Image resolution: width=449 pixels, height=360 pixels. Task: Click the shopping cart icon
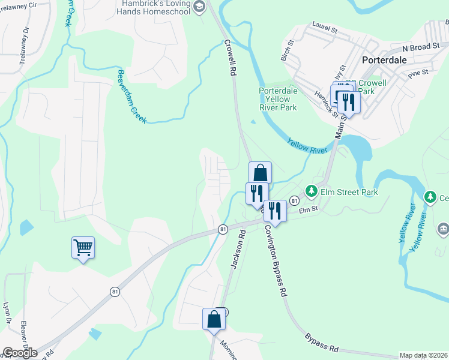[83, 247]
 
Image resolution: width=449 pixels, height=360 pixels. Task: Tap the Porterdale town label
[385, 61]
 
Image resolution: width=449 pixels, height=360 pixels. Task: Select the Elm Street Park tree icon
[311, 192]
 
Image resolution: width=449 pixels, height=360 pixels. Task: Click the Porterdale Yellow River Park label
[278, 99]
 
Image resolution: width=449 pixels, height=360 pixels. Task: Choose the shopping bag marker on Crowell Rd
[260, 173]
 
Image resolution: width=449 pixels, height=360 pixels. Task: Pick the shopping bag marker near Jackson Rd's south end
[214, 319]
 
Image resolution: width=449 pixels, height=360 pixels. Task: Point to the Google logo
[19, 353]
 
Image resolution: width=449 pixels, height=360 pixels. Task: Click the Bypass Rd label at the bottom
[321, 343]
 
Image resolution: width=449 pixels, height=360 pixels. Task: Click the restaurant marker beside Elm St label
[275, 210]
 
